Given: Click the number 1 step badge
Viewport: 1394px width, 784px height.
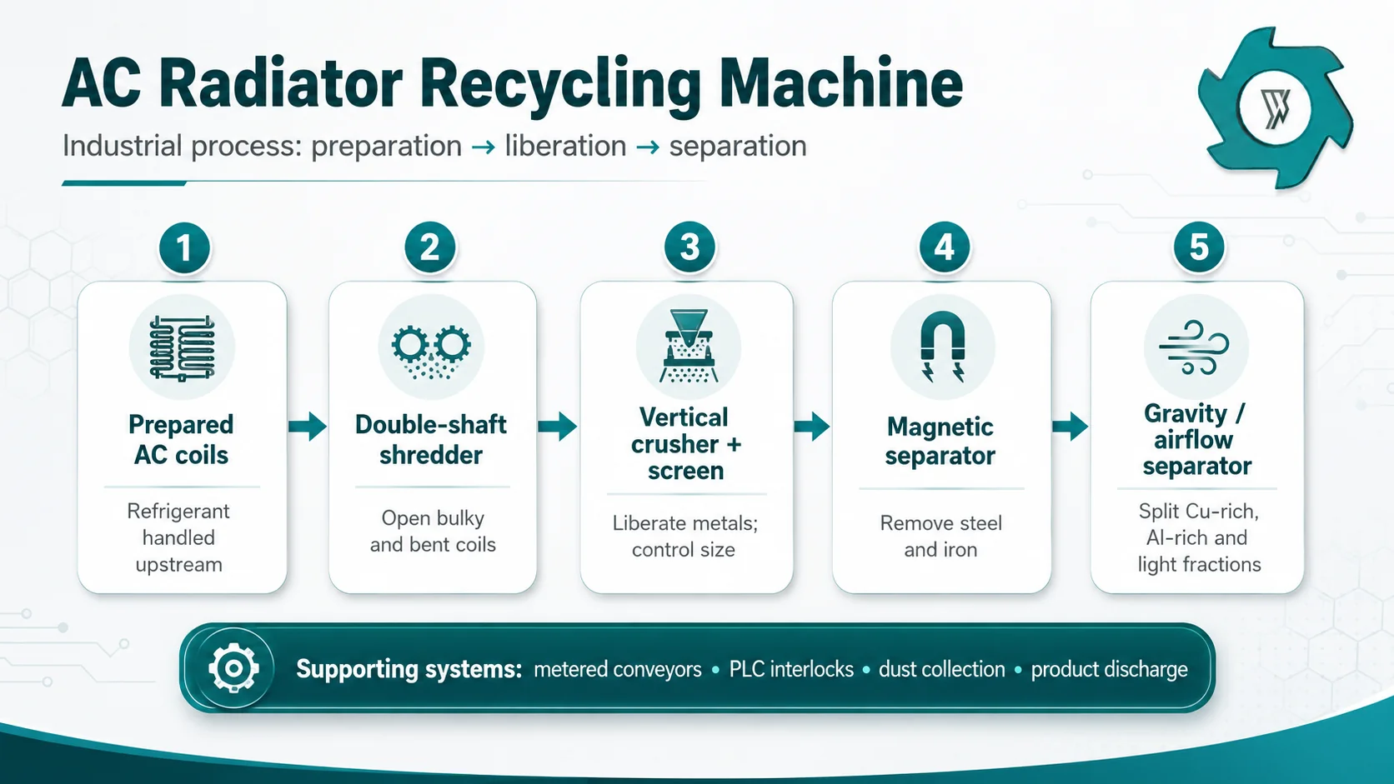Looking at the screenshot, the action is pyautogui.click(x=184, y=247).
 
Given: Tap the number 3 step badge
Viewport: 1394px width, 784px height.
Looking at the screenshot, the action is pyautogui.click(x=689, y=247).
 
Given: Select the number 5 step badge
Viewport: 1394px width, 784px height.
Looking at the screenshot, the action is pyautogui.click(x=1199, y=247).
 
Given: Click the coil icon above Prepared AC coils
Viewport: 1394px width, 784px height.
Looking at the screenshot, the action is pyautogui.click(x=182, y=347).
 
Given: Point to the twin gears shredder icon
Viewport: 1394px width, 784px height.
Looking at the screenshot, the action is pyautogui.click(x=431, y=352).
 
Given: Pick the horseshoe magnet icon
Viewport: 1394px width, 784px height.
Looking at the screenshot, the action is pyautogui.click(x=942, y=346).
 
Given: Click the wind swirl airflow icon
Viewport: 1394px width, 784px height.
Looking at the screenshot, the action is pyautogui.click(x=1194, y=347).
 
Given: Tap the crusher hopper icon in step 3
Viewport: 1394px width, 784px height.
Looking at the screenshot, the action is pyautogui.click(x=689, y=346).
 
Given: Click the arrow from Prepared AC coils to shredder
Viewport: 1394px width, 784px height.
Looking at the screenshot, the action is pyautogui.click(x=308, y=427).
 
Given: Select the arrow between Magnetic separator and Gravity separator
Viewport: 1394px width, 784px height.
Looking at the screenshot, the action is pyautogui.click(x=1070, y=427).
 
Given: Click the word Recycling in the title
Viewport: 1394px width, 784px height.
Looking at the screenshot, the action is pyautogui.click(x=561, y=84).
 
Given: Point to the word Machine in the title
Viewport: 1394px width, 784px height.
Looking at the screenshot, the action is pyautogui.click(x=840, y=83).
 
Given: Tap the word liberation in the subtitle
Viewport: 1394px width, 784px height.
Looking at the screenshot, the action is pyautogui.click(x=565, y=147).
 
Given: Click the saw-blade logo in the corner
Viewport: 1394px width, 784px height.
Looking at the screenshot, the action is pyautogui.click(x=1275, y=108).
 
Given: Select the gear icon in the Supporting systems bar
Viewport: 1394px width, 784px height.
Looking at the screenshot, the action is pyautogui.click(x=233, y=668).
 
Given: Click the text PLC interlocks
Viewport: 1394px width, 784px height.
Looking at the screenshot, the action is pyautogui.click(x=791, y=669).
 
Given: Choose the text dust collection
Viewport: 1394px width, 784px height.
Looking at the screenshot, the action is pyautogui.click(x=941, y=669).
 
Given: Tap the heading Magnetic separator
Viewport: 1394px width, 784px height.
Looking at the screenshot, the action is pyautogui.click(x=940, y=442).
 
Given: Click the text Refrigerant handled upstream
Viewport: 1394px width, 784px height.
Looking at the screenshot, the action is pyautogui.click(x=178, y=537).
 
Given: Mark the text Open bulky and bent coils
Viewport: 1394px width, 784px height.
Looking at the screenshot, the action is pyautogui.click(x=433, y=532).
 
